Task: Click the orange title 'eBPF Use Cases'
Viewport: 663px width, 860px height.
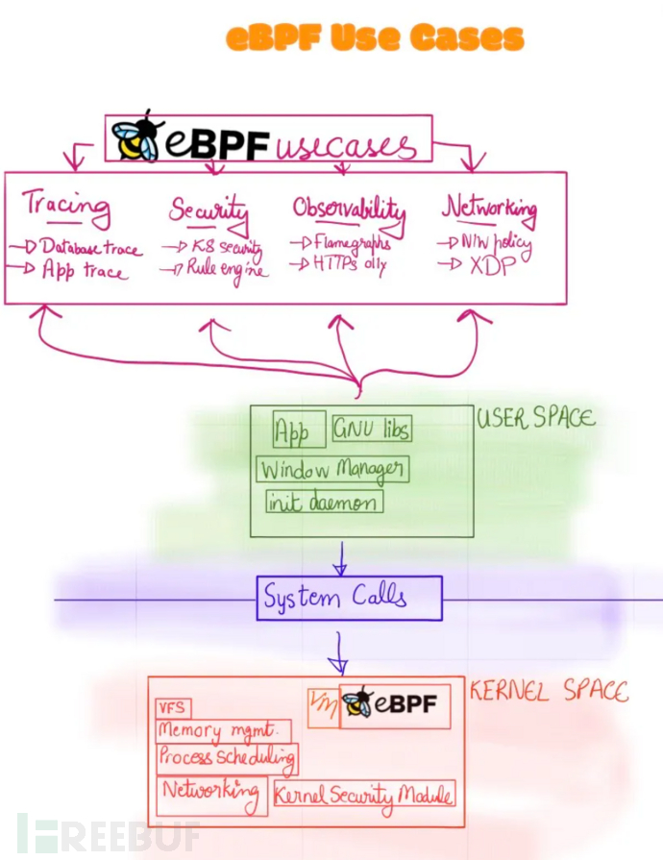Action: point(375,38)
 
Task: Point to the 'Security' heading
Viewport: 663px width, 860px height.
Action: point(209,209)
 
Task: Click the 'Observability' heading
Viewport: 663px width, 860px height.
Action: point(349,209)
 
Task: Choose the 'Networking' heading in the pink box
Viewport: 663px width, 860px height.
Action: point(489,208)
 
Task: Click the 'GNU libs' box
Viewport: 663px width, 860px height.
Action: point(368,430)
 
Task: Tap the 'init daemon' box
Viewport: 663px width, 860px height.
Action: point(324,502)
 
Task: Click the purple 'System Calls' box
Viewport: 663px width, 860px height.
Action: point(349,599)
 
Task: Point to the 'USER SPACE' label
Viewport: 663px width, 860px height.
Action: point(535,418)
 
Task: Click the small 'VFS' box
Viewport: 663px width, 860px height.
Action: point(173,709)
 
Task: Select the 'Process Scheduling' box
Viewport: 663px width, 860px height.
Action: point(227,757)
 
